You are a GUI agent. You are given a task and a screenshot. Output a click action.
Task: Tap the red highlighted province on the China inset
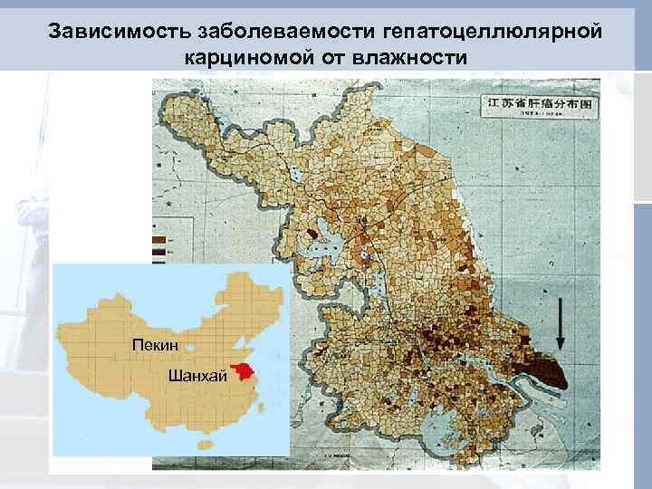point(242,369)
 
